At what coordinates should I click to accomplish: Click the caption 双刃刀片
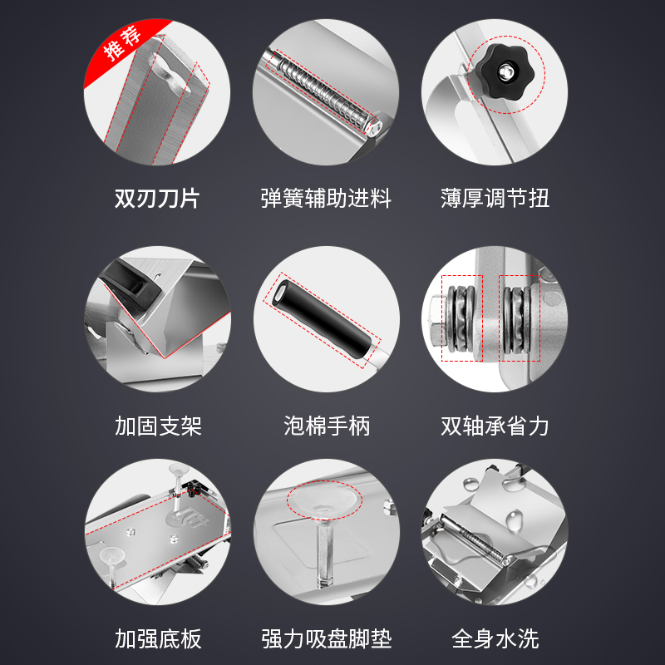pyautogui.click(x=157, y=199)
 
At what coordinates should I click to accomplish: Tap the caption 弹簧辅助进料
pyautogui.click(x=325, y=199)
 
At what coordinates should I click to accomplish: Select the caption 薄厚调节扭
pyautogui.click(x=495, y=199)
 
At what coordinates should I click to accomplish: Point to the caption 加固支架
pyautogui.click(x=158, y=426)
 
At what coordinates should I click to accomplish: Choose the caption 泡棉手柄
pyautogui.click(x=327, y=426)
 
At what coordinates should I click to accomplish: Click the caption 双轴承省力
pyautogui.click(x=495, y=426)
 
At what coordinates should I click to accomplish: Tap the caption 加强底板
pyautogui.click(x=158, y=638)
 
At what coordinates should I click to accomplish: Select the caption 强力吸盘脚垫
pyautogui.click(x=325, y=638)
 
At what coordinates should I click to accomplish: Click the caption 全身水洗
pyautogui.click(x=495, y=638)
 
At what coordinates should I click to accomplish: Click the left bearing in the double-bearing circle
pyautogui.click(x=460, y=318)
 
